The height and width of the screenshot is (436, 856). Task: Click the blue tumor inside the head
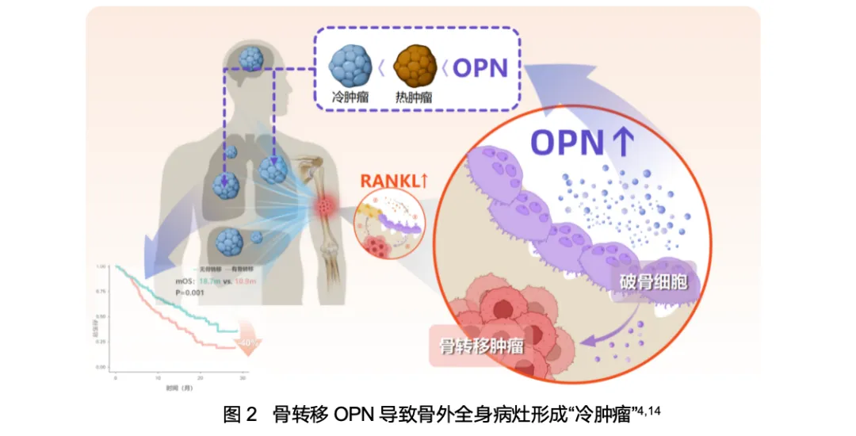pos(251,58)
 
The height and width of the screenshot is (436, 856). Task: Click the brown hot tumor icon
pos(415,67)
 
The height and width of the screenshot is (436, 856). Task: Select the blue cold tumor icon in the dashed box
pos(350,66)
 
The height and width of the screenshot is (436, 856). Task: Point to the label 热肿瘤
pos(415,98)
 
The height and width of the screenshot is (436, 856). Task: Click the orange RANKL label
pos(394,181)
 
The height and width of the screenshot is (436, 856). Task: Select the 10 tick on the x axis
pos(159,374)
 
